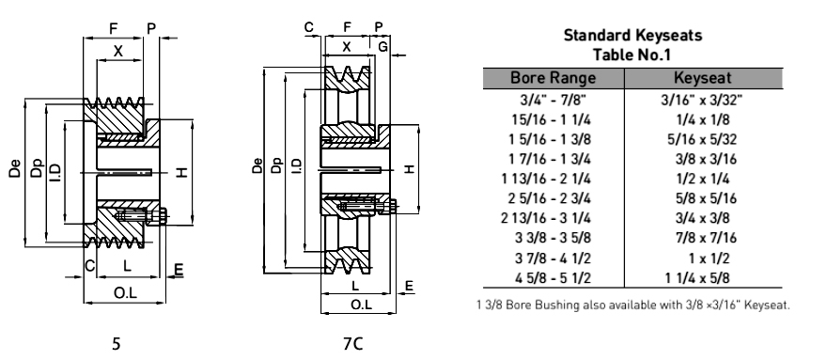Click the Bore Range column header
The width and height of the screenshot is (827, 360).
click(553, 78)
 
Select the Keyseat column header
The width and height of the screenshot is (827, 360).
click(703, 78)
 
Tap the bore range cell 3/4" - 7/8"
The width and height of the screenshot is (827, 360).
click(553, 100)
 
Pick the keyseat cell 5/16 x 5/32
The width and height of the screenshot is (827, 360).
click(703, 139)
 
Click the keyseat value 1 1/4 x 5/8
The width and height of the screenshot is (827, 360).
click(697, 277)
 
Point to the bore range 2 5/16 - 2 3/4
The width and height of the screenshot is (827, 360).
click(549, 198)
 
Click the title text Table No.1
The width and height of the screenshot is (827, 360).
click(632, 55)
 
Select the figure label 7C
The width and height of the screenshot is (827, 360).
click(352, 344)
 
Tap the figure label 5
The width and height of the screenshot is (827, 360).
click(116, 344)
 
